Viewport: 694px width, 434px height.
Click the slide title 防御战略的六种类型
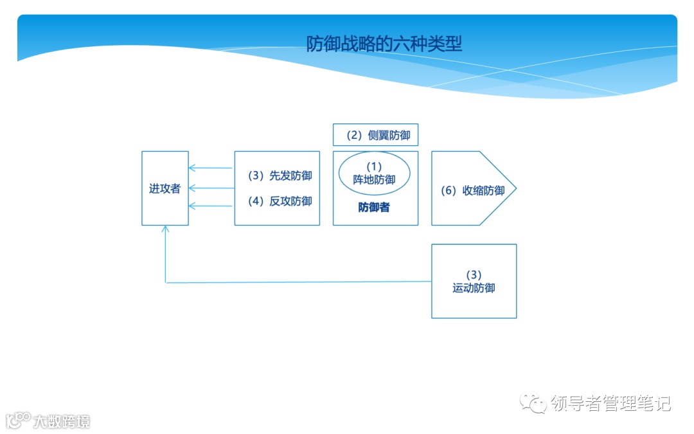(384, 44)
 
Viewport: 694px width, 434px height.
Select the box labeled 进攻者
(165, 188)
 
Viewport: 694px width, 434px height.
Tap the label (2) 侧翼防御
(375, 135)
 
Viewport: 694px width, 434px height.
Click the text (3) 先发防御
(280, 176)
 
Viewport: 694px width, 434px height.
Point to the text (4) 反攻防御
(280, 201)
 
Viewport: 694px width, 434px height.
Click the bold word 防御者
(374, 208)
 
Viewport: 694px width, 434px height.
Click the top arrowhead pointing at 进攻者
(191, 168)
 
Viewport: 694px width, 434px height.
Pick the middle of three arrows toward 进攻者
(211, 188)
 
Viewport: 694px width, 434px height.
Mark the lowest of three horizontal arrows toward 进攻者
(211, 206)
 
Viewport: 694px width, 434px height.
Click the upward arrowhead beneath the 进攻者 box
(166, 229)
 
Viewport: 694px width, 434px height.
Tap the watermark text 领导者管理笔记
(610, 404)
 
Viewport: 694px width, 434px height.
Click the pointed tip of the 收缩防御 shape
(515, 188)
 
